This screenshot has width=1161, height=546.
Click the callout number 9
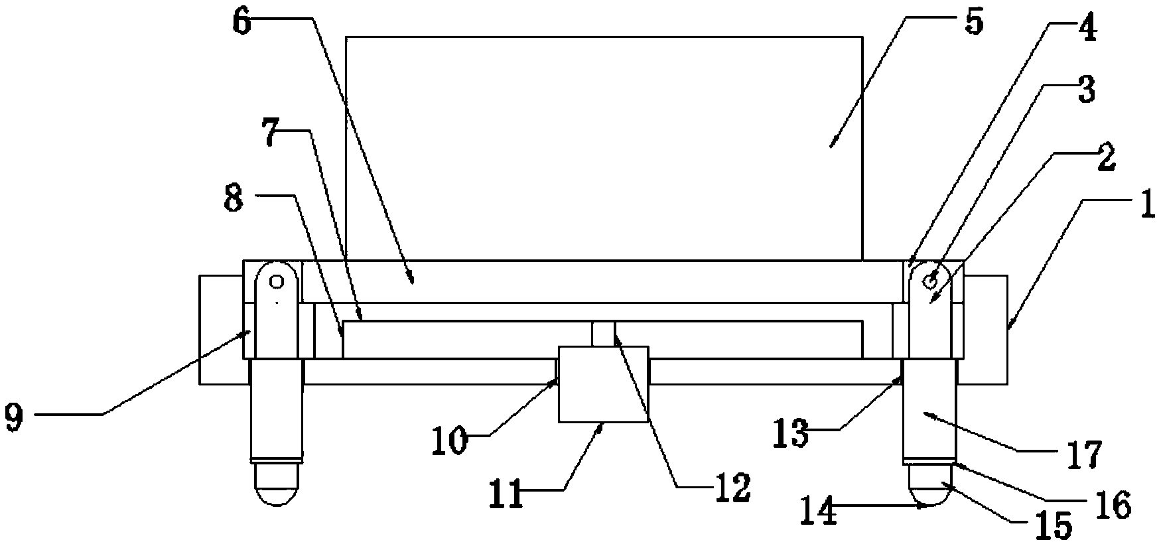14,417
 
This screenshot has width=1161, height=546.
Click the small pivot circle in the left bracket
275,281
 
